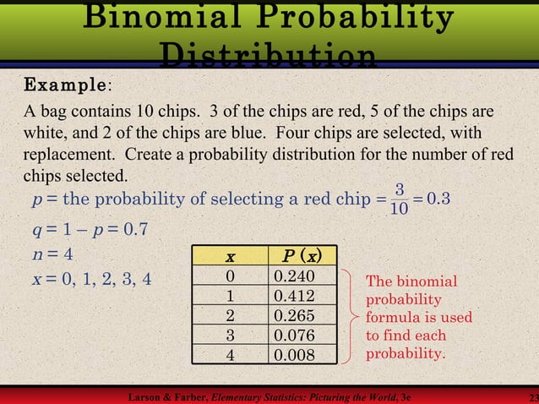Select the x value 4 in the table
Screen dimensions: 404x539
[x=230, y=355]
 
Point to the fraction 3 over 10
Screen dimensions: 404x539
[x=400, y=198]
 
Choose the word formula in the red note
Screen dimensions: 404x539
[x=392, y=318]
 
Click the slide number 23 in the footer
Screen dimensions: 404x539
[x=531, y=397]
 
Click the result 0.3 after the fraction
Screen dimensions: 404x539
[x=439, y=199]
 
